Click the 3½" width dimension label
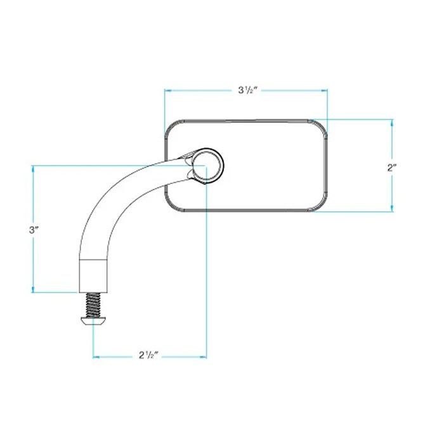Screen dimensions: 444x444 point(247,91)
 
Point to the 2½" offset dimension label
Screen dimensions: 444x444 point(149,357)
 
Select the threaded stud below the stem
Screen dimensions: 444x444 point(94,306)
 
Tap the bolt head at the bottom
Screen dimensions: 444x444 point(94,322)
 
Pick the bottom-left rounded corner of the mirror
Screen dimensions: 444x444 point(170,206)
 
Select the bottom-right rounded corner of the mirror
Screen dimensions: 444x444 point(323,206)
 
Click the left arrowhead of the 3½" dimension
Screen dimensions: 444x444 point(168,91)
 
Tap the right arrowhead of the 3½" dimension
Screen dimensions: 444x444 point(325,91)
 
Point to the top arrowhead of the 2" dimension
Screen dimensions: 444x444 point(392,122)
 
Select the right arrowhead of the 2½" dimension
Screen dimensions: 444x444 point(202,357)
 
